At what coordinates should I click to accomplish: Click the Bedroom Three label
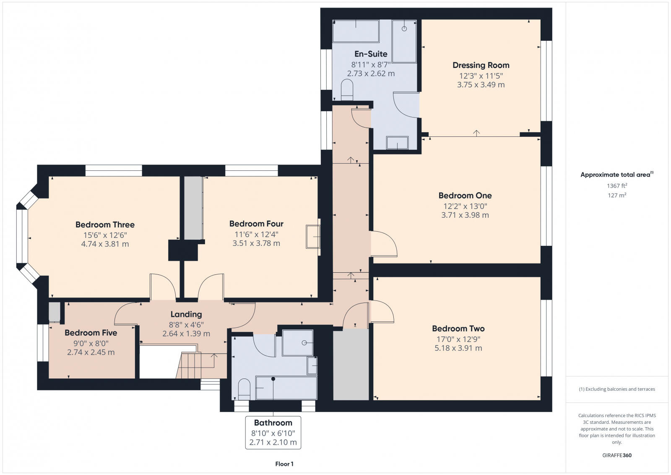(x=105, y=224)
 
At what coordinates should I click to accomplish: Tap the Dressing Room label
(x=481, y=65)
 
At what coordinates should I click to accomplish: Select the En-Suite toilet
(x=347, y=90)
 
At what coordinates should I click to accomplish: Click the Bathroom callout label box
(x=273, y=432)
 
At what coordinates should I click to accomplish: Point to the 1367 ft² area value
(x=617, y=185)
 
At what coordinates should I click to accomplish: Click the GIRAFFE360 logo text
(x=617, y=455)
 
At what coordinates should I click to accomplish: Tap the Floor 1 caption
(x=284, y=464)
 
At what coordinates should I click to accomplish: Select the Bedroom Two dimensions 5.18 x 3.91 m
(x=458, y=348)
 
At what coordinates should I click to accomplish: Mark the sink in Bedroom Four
(x=313, y=237)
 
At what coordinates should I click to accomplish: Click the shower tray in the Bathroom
(x=298, y=343)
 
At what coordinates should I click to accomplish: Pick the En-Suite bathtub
(x=356, y=31)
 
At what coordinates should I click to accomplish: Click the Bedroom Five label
(x=91, y=333)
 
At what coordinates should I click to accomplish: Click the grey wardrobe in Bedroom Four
(x=193, y=208)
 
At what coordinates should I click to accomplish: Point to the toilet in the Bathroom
(x=244, y=389)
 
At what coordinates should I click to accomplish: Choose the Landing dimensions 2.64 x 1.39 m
(x=186, y=334)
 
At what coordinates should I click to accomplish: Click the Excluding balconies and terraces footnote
(x=617, y=389)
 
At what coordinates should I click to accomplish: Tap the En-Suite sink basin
(x=397, y=143)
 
